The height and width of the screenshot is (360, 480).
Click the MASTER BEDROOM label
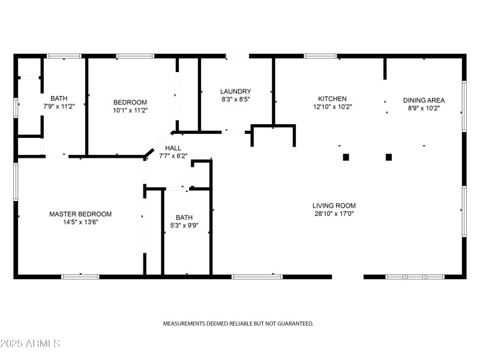pos(80,214)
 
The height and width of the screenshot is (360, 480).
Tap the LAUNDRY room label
pos(235,91)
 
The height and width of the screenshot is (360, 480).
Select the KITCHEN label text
pos(332,99)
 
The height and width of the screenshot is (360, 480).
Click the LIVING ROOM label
pos(334,206)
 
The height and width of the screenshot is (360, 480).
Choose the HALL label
pos(173,148)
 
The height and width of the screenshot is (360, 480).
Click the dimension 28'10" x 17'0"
pos(334,214)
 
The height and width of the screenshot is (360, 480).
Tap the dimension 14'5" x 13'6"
pos(80,222)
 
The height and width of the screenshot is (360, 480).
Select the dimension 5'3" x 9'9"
pos(185,226)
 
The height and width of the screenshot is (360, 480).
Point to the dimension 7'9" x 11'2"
pos(59,106)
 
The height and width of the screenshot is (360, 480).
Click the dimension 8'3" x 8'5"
pos(235,100)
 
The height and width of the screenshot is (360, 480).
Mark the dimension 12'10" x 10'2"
pos(332,107)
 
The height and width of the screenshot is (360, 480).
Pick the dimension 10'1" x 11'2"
pos(130,110)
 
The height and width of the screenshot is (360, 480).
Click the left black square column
pos(346,157)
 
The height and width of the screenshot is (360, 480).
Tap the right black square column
pos(389,157)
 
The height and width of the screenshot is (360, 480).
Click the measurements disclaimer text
pos(238,323)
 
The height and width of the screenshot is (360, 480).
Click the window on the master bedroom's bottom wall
pos(80,277)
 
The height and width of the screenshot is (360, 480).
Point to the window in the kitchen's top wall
pos(320,56)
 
